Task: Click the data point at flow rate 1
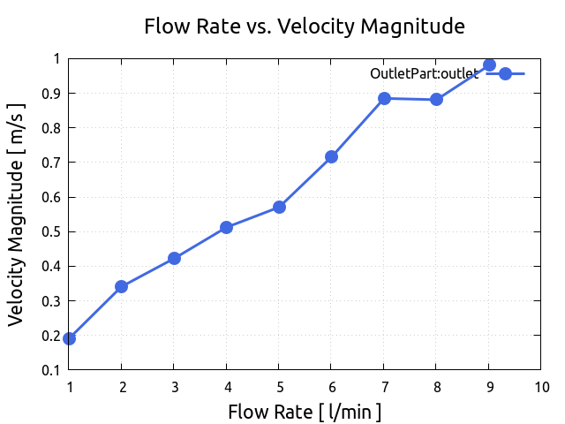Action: point(70,338)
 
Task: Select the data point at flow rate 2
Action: point(122,286)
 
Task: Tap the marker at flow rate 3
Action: point(174,258)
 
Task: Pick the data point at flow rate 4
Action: point(227,227)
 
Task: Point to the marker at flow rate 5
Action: point(279,207)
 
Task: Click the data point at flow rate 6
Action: point(331,156)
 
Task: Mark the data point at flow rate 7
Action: point(384,98)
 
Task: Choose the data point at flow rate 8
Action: point(436,99)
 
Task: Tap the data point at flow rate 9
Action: point(489,65)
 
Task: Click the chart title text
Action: point(305,26)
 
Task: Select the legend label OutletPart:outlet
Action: point(424,74)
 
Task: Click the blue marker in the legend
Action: point(505,73)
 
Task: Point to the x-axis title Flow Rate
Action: point(305,412)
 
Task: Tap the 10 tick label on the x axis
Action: point(541,386)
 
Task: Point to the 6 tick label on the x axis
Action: point(331,386)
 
